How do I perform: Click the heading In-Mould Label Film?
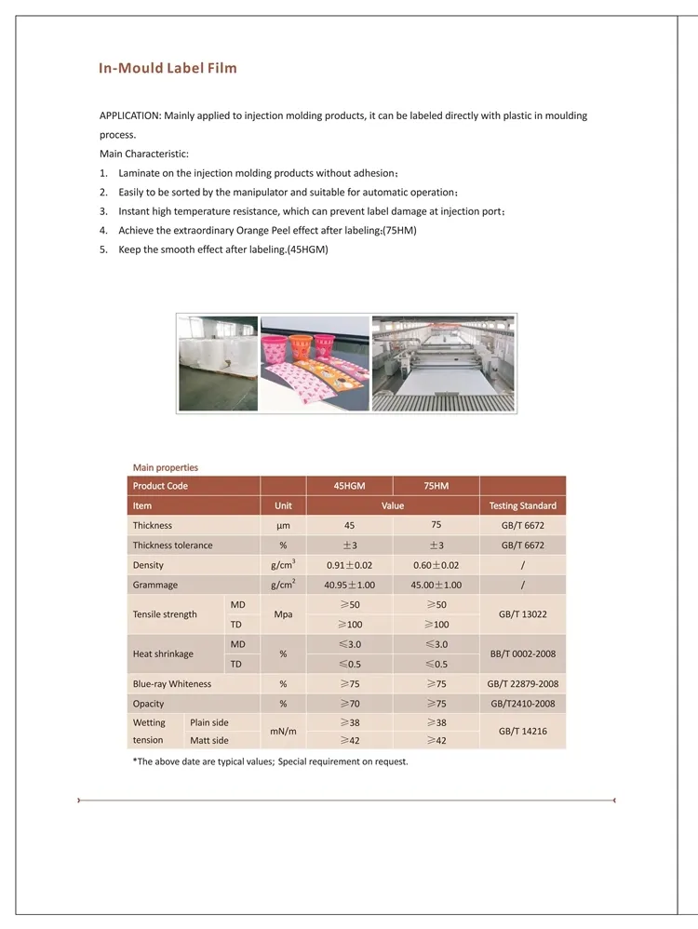pyautogui.click(x=168, y=68)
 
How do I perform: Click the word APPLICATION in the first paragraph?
pyautogui.click(x=129, y=115)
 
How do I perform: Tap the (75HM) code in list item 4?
pyautogui.click(x=399, y=230)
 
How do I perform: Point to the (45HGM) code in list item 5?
pyautogui.click(x=308, y=249)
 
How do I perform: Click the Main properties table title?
pyautogui.click(x=165, y=467)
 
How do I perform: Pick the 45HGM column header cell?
pyautogui.click(x=349, y=486)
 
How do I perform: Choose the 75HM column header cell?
pyautogui.click(x=436, y=486)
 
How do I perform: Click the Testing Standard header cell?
pyautogui.click(x=522, y=505)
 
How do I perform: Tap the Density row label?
pyautogui.click(x=148, y=565)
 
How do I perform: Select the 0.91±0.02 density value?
pyautogui.click(x=349, y=565)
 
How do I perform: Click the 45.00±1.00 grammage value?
pyautogui.click(x=436, y=585)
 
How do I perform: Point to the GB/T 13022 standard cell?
pyautogui.click(x=522, y=614)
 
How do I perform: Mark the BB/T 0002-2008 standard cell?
pyautogui.click(x=522, y=653)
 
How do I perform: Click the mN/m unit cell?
pyautogui.click(x=283, y=731)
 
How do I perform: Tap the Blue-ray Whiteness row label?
pyautogui.click(x=172, y=683)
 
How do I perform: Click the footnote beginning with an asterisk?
pyautogui.click(x=270, y=761)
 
